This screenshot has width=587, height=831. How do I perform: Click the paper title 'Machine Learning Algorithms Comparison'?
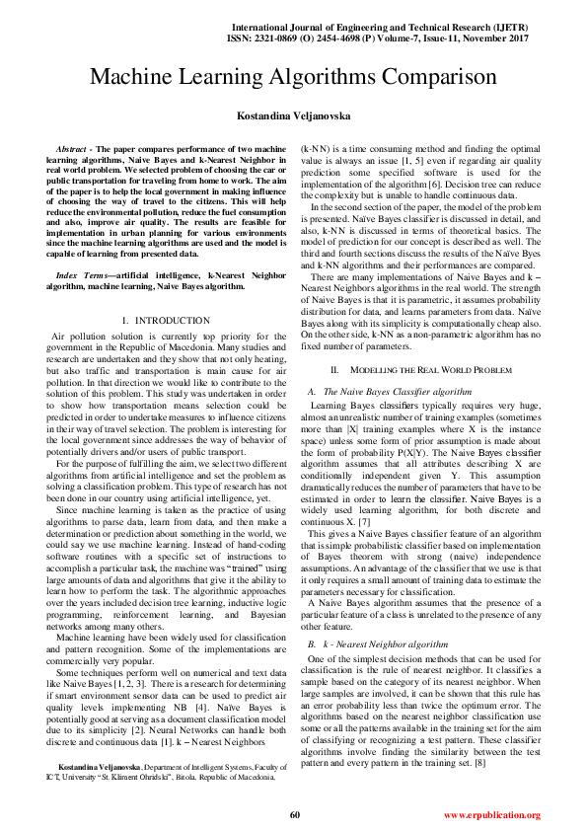click(x=293, y=77)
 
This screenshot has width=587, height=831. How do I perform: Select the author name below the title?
click(x=293, y=116)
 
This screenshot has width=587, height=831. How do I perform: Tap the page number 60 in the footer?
click(x=294, y=814)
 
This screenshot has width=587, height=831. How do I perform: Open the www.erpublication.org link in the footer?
click(x=491, y=815)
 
